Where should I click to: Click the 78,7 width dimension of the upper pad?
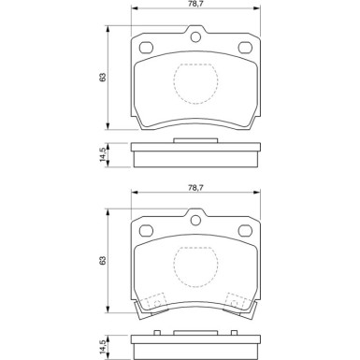pyautogui.click(x=194, y=4)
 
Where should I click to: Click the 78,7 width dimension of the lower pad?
pyautogui.click(x=194, y=187)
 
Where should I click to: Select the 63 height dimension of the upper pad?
pyautogui.click(x=103, y=78)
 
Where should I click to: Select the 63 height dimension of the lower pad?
pyautogui.click(x=103, y=261)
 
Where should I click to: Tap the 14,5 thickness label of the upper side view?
pyautogui.click(x=103, y=155)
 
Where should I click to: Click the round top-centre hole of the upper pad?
pyautogui.click(x=195, y=37)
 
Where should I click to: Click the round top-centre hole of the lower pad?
pyautogui.click(x=195, y=221)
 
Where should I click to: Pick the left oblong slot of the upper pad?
pyautogui.click(x=146, y=48)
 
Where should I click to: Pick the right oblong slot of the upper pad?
pyautogui.click(x=245, y=48)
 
